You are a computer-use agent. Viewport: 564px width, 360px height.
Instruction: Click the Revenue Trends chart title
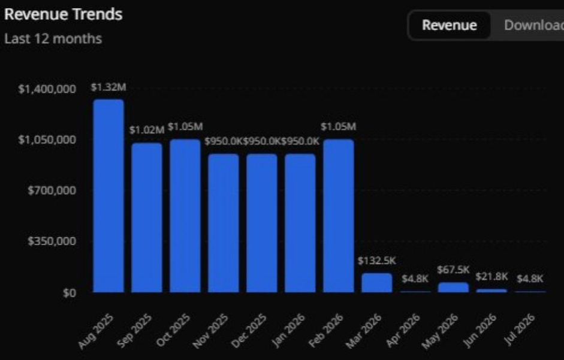(x=64, y=14)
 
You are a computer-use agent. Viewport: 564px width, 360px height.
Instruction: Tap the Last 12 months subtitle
(x=53, y=38)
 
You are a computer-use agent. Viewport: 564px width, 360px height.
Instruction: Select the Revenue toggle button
(x=450, y=25)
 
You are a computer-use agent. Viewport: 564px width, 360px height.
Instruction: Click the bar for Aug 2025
(x=108, y=196)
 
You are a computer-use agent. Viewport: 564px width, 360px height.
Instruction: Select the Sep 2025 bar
(x=147, y=217)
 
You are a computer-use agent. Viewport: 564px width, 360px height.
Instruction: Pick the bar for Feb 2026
(x=339, y=216)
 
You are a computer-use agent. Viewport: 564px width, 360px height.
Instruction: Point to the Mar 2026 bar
(x=377, y=283)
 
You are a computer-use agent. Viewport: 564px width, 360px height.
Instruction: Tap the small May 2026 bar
(x=454, y=288)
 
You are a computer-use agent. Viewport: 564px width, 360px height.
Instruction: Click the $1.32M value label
(x=108, y=87)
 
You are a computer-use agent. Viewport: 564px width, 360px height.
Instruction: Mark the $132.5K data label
(x=377, y=261)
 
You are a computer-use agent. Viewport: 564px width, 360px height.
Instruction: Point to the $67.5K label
(x=454, y=270)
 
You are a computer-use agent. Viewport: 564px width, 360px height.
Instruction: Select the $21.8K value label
(x=491, y=277)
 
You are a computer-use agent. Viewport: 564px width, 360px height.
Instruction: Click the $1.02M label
(x=147, y=130)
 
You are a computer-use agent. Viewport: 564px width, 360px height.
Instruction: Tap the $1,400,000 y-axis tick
(x=47, y=89)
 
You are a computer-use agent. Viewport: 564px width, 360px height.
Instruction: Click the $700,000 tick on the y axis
(x=52, y=190)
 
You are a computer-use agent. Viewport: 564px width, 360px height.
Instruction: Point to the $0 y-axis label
(x=70, y=293)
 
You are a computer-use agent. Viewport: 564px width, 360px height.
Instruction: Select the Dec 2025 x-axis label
(x=249, y=331)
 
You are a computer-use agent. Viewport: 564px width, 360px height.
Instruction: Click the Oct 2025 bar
(x=185, y=216)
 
